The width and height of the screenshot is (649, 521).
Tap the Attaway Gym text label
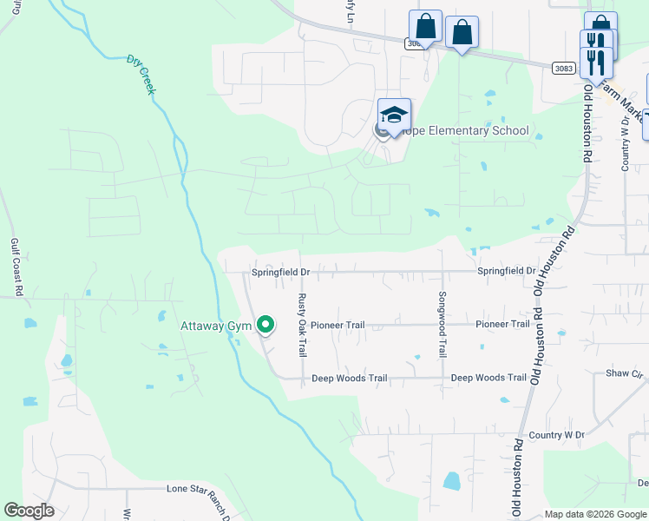point(215,326)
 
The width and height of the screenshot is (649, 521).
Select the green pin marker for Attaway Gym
point(266,326)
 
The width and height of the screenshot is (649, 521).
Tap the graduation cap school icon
point(394,115)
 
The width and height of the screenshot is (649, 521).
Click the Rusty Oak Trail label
point(302,325)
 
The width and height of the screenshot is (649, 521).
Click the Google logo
point(28,511)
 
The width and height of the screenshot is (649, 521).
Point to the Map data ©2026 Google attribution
point(594,514)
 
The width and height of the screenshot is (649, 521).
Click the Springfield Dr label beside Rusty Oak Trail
point(280,272)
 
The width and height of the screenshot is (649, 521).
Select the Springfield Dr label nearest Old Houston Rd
point(506,271)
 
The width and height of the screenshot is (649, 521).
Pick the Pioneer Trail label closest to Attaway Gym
point(338,325)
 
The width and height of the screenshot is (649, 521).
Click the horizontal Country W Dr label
point(556,434)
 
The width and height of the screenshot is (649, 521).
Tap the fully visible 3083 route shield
point(562,67)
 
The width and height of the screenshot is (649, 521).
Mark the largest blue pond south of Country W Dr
point(451,480)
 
